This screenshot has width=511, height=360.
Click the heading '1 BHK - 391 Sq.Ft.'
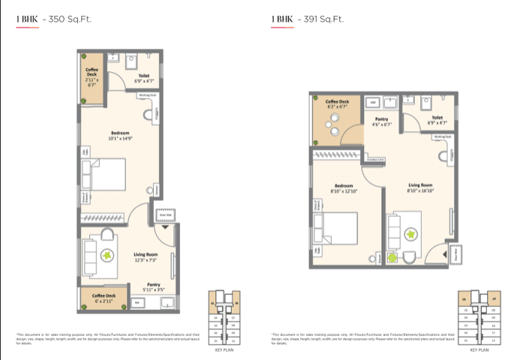[x=305, y=21]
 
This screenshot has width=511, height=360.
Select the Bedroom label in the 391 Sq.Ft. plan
[x=344, y=187]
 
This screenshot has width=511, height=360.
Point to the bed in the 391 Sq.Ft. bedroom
[x=336, y=234]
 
